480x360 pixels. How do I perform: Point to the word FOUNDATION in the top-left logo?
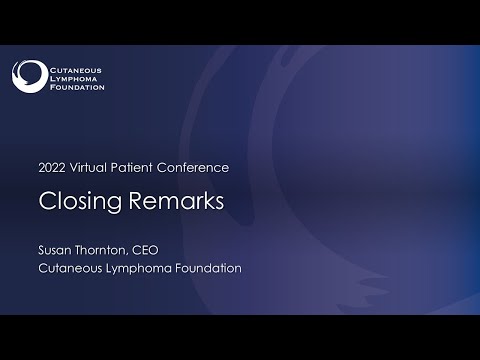point(76,86)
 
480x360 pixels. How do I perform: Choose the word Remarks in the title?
point(172,201)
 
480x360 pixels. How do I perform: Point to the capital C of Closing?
point(46,201)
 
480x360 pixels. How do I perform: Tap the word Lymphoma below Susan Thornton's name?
point(150,269)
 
